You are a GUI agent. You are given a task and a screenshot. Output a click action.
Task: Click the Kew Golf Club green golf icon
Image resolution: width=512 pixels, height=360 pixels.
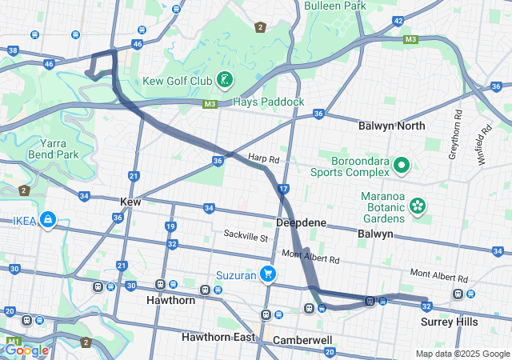click(x=226, y=80)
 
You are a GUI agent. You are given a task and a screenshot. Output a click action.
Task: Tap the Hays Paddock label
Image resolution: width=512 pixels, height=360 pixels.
click(x=269, y=102)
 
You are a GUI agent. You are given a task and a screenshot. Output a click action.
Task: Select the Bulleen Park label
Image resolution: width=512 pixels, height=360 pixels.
click(x=335, y=6)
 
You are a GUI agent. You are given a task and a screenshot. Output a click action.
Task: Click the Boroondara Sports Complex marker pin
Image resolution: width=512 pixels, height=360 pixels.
click(x=401, y=166)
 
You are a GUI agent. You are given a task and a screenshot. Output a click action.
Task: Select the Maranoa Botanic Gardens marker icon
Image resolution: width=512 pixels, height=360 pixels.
click(x=417, y=206)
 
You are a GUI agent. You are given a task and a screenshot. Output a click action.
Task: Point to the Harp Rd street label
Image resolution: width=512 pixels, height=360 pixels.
click(x=262, y=158)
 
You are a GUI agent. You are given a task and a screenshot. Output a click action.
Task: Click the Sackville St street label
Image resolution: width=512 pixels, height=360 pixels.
click(x=246, y=237)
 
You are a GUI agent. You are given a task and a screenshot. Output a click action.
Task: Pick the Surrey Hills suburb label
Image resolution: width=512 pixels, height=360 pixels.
click(x=449, y=322)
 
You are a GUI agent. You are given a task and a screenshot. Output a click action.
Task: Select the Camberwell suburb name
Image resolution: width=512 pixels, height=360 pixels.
click(x=302, y=340)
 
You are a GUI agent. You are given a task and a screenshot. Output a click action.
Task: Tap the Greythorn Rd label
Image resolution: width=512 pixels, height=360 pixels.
click(x=458, y=127)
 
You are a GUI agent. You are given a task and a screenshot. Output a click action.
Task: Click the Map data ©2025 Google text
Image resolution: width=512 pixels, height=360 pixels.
click(x=462, y=354)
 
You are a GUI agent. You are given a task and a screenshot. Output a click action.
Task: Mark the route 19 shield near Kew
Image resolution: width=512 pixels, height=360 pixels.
click(x=170, y=226)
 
